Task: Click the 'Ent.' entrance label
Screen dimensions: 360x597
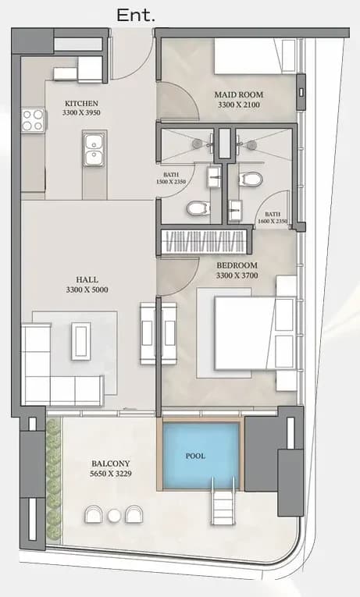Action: pos(136,16)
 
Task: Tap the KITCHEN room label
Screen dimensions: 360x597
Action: pos(81,103)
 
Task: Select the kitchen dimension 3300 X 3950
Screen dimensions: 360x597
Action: pos(81,112)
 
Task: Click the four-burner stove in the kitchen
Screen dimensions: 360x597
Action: pos(33,120)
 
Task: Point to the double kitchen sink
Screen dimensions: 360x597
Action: pos(94,149)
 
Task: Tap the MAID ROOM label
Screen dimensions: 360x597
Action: pos(238,94)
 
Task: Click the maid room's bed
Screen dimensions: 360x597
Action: pos(255,56)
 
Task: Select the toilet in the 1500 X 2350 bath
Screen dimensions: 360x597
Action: pos(198,208)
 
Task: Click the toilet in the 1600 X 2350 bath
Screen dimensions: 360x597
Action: pos(251,179)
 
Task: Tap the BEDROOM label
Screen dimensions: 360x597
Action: pos(237,265)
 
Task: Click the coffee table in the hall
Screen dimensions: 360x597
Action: pos(80,341)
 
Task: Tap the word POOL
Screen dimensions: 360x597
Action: pos(195,456)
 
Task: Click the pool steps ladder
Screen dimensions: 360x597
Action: pos(223,501)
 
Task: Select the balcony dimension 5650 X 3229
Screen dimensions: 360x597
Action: pos(111,474)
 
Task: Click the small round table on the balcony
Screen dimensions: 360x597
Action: pos(114,516)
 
